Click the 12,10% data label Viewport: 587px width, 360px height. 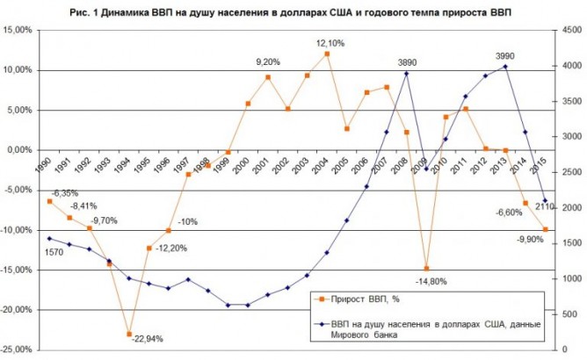(330, 43)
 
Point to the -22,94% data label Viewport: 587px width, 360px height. (146, 338)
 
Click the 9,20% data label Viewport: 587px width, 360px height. (268, 62)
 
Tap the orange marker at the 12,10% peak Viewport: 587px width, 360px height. (327, 54)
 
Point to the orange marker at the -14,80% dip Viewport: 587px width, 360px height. (426, 268)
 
